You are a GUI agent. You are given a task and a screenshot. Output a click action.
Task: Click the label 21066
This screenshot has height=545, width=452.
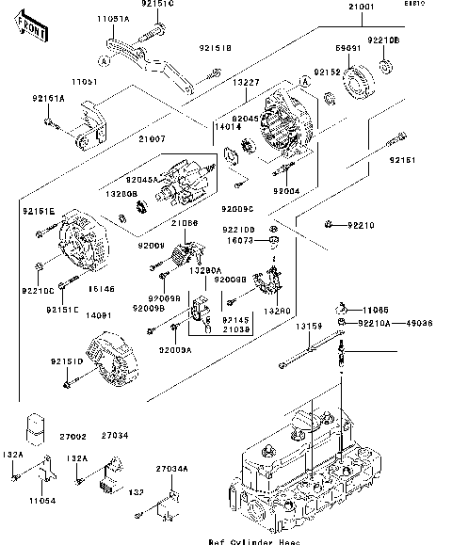click(x=185, y=223)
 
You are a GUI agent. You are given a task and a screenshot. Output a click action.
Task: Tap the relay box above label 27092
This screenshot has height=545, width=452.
click(x=37, y=427)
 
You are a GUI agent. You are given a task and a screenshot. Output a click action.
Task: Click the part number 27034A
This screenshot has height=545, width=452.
click(x=171, y=468)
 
